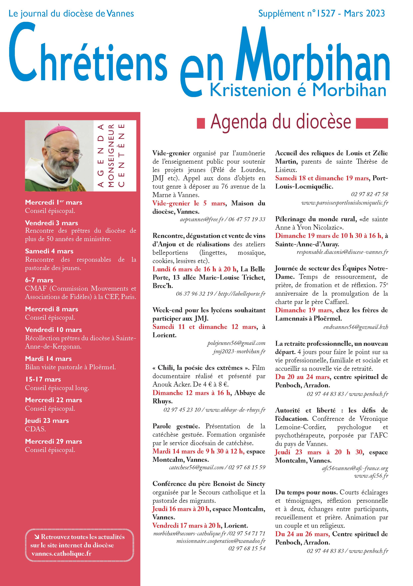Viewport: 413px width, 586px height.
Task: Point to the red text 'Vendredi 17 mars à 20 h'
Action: (187, 526)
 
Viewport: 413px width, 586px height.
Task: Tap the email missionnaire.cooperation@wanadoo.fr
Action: (221, 541)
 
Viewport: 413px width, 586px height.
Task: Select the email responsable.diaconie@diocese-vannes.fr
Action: (342, 252)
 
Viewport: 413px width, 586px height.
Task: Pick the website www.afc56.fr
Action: (371, 476)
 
